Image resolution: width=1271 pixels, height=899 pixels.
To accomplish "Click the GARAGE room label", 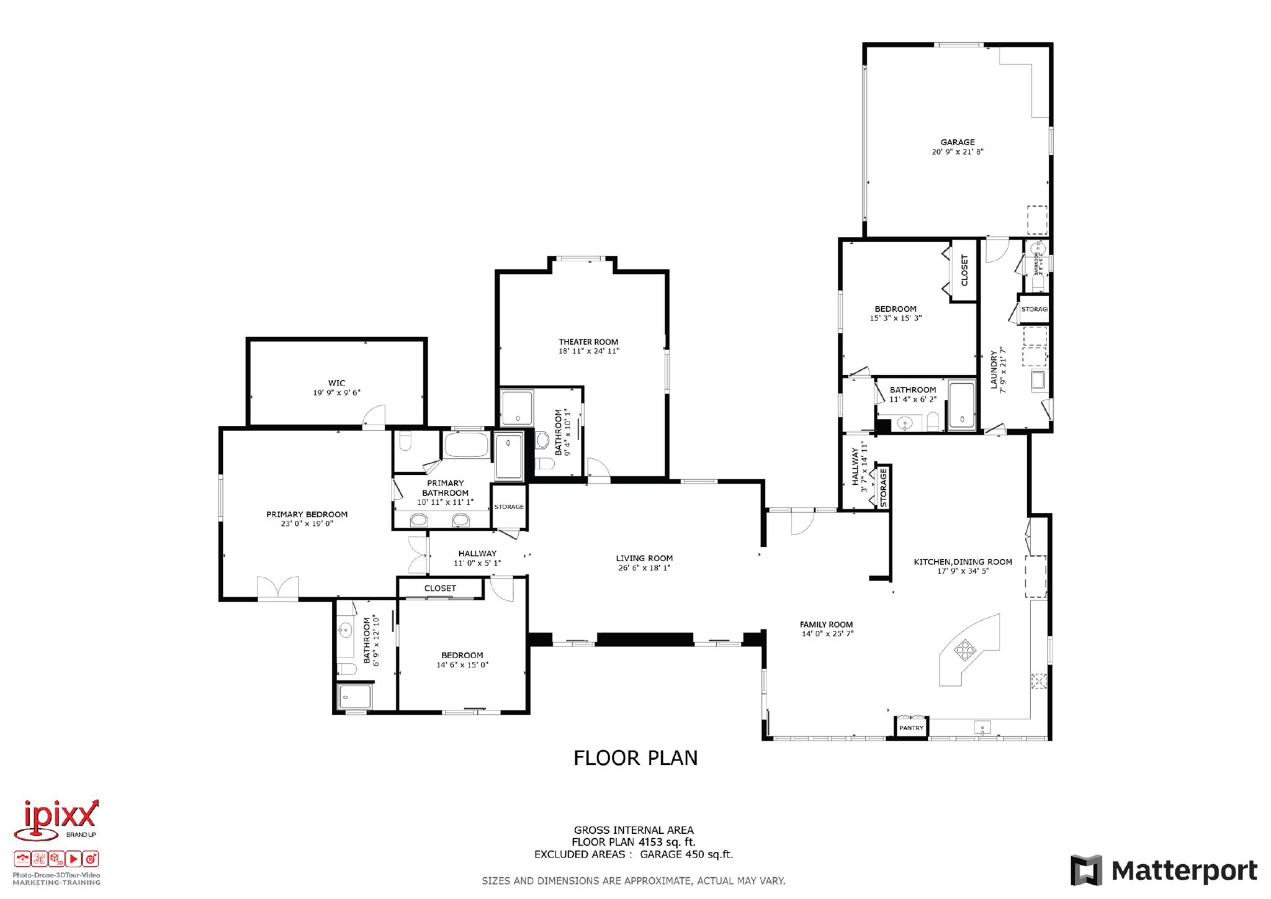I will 957,142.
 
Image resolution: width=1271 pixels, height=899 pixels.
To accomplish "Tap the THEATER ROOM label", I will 588,342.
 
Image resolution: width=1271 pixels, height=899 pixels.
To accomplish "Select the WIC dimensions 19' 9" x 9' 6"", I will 336,393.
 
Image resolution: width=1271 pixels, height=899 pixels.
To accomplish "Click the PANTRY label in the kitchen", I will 911,728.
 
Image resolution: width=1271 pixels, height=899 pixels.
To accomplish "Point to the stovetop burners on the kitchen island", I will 965,650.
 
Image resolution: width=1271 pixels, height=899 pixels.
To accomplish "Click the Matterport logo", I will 1164,871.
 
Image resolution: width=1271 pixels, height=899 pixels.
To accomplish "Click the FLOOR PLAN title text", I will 635,758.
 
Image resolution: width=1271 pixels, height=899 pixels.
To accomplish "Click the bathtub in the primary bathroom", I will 466,445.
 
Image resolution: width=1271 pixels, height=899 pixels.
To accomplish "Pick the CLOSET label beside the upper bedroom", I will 964,271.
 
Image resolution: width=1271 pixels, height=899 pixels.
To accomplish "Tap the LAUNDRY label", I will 993,370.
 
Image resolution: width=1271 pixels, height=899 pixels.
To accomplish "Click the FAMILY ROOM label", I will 826,625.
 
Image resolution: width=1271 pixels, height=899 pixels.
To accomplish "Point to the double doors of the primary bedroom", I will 278,588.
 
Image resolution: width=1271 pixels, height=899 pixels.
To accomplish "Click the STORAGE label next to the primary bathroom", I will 509,507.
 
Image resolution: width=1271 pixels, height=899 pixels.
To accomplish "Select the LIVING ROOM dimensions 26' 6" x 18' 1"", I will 644,568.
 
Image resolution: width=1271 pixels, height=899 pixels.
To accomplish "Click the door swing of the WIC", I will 375,417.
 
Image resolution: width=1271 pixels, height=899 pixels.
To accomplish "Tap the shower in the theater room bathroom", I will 517,407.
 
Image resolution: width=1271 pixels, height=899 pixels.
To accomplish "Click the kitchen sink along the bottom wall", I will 982,726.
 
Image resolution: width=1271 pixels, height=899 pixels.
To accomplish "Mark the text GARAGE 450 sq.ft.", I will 686,854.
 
